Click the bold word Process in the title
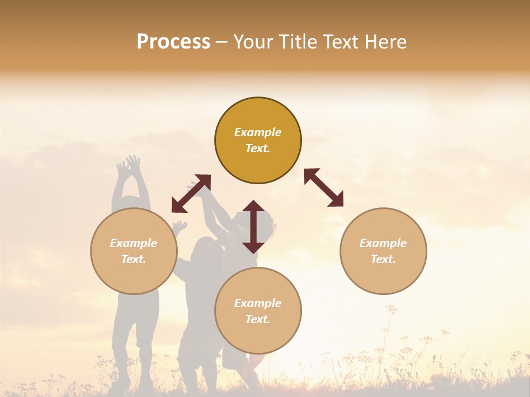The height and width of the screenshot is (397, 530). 173,42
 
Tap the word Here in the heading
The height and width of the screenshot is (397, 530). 384,42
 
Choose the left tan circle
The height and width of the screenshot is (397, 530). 134,251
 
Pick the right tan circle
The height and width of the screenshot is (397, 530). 383,251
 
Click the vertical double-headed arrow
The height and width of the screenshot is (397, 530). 253,227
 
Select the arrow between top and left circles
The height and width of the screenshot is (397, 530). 191,194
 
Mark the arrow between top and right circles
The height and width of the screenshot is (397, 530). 324,187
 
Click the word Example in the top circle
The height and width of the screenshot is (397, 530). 258,132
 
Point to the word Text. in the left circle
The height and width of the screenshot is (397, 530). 134,259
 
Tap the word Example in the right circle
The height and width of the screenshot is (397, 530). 383,243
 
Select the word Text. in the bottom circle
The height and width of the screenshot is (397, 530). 258,319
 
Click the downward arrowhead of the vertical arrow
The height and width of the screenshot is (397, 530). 253,246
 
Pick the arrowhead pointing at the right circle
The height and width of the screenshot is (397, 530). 336,200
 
